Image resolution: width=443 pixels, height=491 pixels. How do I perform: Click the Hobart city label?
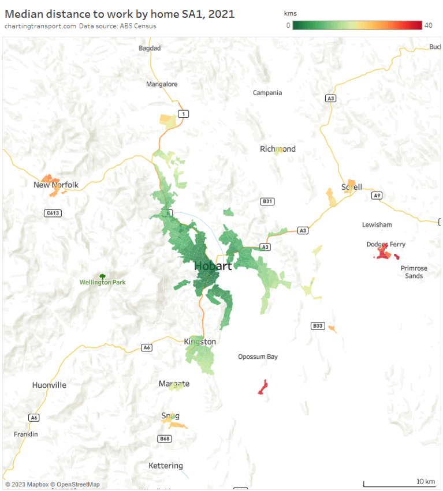click(x=213, y=266)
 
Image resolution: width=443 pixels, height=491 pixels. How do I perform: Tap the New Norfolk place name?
click(x=56, y=185)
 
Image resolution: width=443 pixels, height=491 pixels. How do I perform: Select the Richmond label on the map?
click(x=278, y=149)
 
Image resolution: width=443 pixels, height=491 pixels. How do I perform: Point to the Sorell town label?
click(x=352, y=187)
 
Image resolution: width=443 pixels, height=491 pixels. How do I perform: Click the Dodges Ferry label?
click(x=386, y=244)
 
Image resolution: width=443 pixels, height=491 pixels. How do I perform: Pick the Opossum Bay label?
click(x=258, y=357)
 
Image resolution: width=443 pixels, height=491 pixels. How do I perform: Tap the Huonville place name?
click(x=49, y=385)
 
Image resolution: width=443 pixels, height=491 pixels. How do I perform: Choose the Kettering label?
click(x=166, y=466)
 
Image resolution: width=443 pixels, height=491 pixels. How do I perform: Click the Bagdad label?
click(x=150, y=48)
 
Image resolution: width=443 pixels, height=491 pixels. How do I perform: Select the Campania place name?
click(x=267, y=93)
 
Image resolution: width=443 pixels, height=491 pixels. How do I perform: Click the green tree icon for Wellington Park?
click(x=103, y=277)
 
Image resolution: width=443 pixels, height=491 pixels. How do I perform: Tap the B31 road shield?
click(x=267, y=201)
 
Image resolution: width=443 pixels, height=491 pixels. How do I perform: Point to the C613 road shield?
click(x=53, y=213)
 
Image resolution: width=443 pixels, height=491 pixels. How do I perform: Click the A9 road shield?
click(x=377, y=196)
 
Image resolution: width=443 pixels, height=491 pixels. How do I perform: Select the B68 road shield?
click(x=165, y=438)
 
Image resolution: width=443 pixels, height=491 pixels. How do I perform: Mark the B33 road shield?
click(x=317, y=326)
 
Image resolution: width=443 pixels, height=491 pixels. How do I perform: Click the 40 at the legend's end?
click(x=428, y=25)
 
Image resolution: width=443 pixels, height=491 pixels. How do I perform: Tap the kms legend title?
click(x=291, y=13)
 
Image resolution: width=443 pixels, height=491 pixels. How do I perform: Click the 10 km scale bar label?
click(x=426, y=481)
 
